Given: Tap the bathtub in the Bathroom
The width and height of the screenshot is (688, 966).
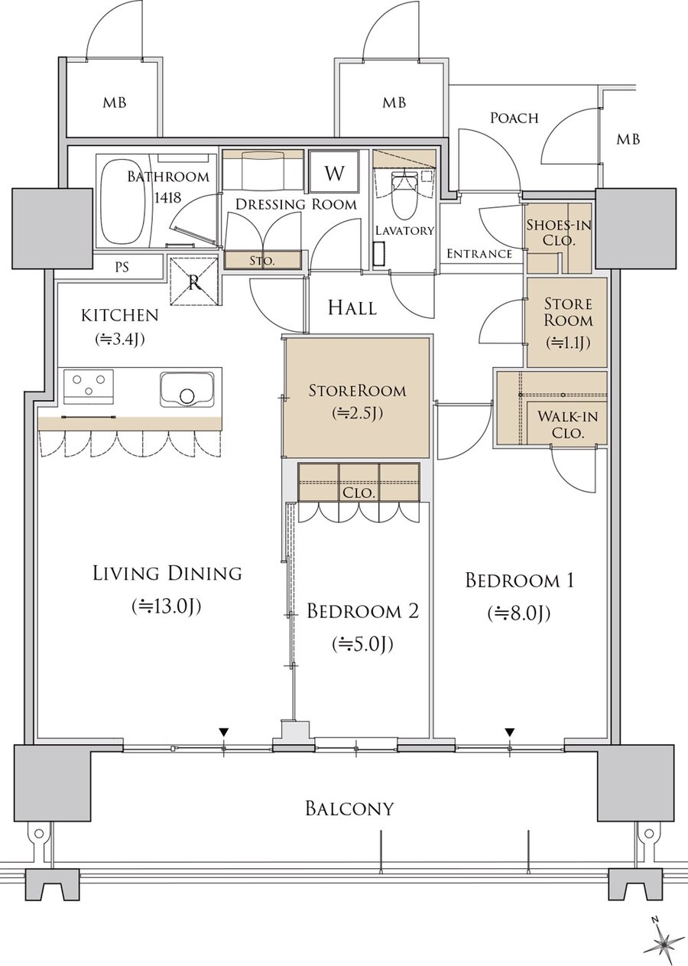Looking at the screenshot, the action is pos(122,203).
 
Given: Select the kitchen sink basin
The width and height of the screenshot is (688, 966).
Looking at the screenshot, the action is pos(187,389).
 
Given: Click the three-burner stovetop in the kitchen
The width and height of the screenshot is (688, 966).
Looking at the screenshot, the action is pos(89,385).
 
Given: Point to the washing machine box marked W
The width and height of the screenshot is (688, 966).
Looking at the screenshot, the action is pos(334,173).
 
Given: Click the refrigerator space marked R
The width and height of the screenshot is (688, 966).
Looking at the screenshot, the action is pos(194,282).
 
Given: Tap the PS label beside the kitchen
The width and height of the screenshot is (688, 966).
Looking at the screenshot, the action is pos(122,268).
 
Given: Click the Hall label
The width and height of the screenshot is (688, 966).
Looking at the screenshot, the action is pos(352,308).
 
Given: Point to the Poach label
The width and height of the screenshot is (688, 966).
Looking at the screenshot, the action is pos(514,118).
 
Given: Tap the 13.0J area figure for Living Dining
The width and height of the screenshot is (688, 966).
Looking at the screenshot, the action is pos(167,607).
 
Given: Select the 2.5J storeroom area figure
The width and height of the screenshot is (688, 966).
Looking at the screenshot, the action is pos(358,414).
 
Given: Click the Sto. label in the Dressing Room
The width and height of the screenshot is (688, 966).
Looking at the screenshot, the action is pos(262,261).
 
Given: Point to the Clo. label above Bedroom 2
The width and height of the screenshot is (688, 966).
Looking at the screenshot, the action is pos(359,493).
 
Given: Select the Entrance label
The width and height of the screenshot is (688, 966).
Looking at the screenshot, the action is pos(479,254).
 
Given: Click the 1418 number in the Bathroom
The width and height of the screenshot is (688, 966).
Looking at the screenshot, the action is pos(168,197).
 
